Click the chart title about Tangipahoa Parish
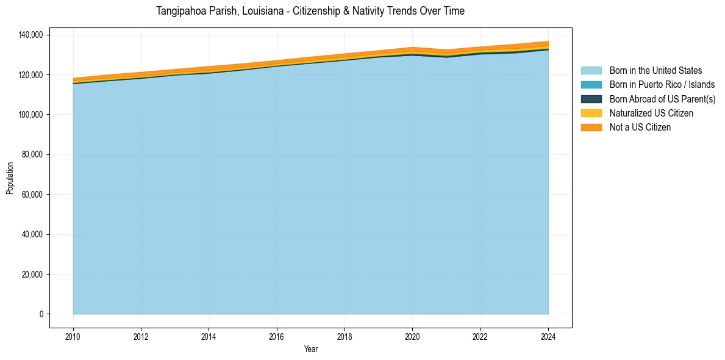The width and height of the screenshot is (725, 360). pyautogui.click(x=310, y=11)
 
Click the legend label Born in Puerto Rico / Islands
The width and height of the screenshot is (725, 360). pyautogui.click(x=662, y=85)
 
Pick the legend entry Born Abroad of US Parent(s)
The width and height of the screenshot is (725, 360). pyautogui.click(x=662, y=99)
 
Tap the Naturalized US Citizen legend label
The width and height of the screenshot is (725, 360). pyautogui.click(x=651, y=113)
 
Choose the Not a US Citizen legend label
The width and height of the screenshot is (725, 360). pyautogui.click(x=640, y=128)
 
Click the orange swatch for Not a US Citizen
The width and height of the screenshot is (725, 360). pyautogui.click(x=591, y=128)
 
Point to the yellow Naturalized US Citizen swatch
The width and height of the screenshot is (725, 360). pyautogui.click(x=591, y=113)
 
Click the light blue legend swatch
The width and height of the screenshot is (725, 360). pyautogui.click(x=591, y=71)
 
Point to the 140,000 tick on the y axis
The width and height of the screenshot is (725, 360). pyautogui.click(x=30, y=35)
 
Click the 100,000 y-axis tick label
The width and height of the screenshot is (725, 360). pyautogui.click(x=30, y=115)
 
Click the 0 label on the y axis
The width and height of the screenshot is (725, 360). pyautogui.click(x=41, y=314)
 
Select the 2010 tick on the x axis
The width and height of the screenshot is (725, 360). pyautogui.click(x=73, y=336)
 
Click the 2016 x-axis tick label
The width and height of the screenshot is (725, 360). pyautogui.click(x=277, y=336)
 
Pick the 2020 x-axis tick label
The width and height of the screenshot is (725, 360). pyautogui.click(x=413, y=336)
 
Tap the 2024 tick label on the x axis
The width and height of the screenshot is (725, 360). pyautogui.click(x=548, y=336)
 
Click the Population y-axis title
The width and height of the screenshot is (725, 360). pyautogui.click(x=10, y=178)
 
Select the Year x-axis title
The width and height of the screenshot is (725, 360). pyautogui.click(x=310, y=350)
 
